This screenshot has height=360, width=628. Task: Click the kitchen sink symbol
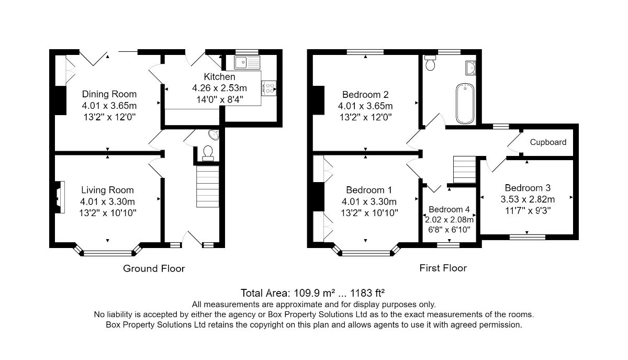(x=247, y=63)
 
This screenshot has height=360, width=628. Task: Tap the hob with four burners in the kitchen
(x=269, y=88)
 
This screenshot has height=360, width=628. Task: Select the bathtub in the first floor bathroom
(x=465, y=104)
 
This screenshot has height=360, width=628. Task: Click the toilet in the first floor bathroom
(x=430, y=62)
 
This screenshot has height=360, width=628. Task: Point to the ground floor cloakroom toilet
(x=208, y=154)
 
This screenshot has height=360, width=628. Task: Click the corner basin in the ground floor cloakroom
(x=215, y=134)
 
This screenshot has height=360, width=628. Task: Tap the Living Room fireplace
(x=60, y=197)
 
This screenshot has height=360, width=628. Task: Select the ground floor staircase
(x=207, y=186)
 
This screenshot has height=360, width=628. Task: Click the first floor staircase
(x=465, y=170)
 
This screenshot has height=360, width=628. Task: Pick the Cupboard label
(x=548, y=142)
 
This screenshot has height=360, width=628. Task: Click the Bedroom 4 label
(x=449, y=209)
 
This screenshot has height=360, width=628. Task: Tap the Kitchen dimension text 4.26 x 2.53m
(x=219, y=88)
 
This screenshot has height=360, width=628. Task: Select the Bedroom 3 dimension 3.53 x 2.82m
(x=528, y=199)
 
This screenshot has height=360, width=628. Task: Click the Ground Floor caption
(x=154, y=268)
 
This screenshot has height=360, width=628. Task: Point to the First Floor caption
(x=443, y=268)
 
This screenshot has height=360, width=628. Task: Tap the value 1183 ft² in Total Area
(x=367, y=293)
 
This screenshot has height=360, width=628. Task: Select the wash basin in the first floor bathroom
(x=470, y=68)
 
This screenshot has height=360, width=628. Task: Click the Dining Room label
(x=109, y=94)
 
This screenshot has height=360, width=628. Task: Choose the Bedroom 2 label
(x=365, y=95)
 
